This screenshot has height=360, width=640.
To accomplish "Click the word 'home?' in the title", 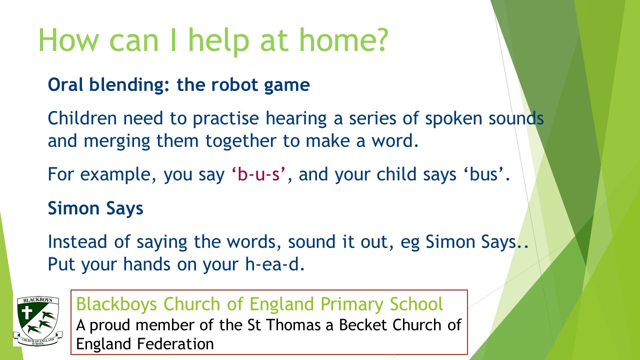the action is pyautogui.click(x=343, y=40).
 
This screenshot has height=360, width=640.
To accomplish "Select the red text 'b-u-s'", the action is pyautogui.click(x=258, y=174).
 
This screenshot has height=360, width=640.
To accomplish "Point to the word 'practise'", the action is pyautogui.click(x=225, y=119).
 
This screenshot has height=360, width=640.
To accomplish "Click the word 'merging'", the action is pyautogui.click(x=117, y=141).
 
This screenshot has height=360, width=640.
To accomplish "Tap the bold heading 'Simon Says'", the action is pyautogui.click(x=95, y=208).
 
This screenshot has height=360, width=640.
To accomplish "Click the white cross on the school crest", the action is pyautogui.click(x=27, y=312).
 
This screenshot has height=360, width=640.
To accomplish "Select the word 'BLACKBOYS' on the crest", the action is pyautogui.click(x=37, y=300).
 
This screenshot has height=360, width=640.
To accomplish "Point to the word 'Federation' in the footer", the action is pyautogui.click(x=175, y=343).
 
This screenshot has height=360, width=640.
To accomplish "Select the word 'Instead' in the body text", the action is pyautogui.click(x=77, y=241).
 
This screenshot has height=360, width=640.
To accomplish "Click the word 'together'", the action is pyautogui.click(x=241, y=141).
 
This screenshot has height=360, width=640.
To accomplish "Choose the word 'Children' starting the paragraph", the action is pyautogui.click(x=82, y=118).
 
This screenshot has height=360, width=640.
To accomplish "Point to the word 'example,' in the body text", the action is pyautogui.click(x=118, y=175).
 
